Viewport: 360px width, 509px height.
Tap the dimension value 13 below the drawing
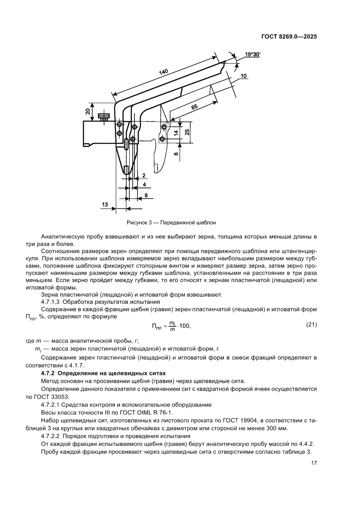click(105, 204)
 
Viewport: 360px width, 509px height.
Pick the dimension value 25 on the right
click(188, 132)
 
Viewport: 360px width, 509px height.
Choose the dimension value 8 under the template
click(146, 196)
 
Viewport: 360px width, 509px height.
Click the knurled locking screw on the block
click(104, 117)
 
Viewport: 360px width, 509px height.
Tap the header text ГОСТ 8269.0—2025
click(289, 37)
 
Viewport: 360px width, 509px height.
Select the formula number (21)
click(310, 324)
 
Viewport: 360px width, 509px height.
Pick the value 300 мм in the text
click(275, 428)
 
